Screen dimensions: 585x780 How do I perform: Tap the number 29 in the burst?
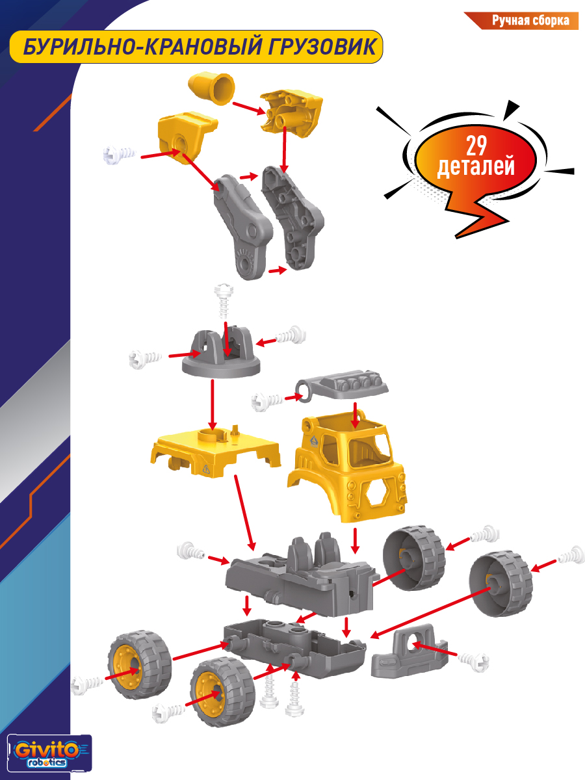pos(476,146)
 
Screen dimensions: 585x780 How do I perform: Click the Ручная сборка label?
pos(530,21)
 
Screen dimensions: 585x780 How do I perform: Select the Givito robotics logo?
pos(49,753)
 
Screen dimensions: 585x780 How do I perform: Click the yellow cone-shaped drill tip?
pos(211,89)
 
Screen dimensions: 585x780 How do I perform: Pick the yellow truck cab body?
pos(346,466)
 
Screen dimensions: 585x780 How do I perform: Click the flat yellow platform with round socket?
pos(216,452)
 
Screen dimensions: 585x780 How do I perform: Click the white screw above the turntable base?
pos(224,301)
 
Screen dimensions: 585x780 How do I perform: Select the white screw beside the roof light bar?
pos(267,402)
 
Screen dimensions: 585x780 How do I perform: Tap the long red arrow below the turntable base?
pos(213,404)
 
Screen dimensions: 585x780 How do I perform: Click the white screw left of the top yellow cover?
pos(120,154)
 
